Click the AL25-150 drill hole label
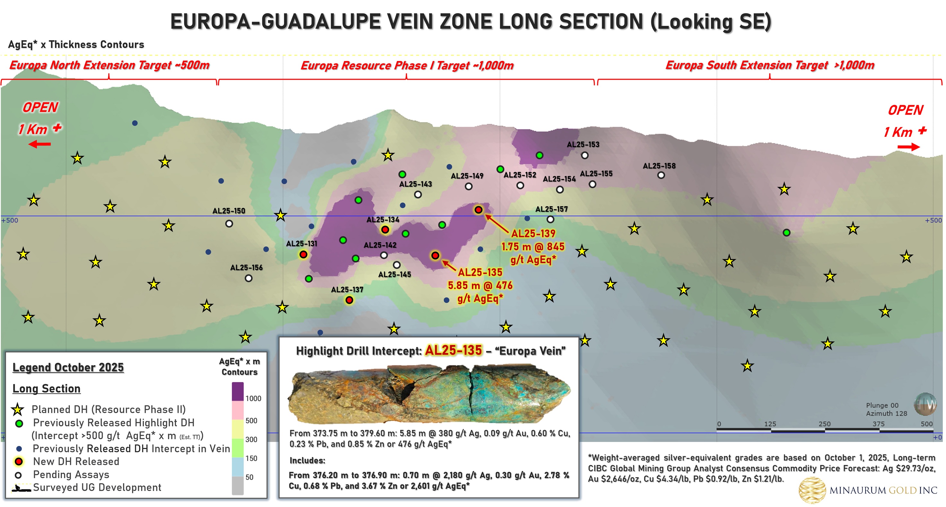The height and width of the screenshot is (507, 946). pos(228,211)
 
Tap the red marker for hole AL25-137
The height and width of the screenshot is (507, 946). pos(349,300)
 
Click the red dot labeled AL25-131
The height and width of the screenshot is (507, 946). pos(303,254)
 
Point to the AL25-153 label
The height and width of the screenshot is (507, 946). pos(583,144)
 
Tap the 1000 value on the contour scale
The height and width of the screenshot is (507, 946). pos(253,399)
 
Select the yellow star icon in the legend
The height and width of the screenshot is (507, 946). pos(17,410)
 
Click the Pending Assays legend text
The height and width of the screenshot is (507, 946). pos(71,475)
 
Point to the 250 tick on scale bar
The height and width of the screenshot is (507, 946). pos(824,424)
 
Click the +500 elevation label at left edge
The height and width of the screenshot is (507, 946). pos(10,220)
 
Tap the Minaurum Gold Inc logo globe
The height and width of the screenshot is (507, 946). pos(811,490)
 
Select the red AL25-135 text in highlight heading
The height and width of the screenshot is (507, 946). pos(453,351)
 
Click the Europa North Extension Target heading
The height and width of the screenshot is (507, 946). pos(109,66)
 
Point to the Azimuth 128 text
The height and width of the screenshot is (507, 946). pos(886,413)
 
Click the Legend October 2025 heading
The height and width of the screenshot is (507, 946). pos(68,367)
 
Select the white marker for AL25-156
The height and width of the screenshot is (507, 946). pos(249,278)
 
